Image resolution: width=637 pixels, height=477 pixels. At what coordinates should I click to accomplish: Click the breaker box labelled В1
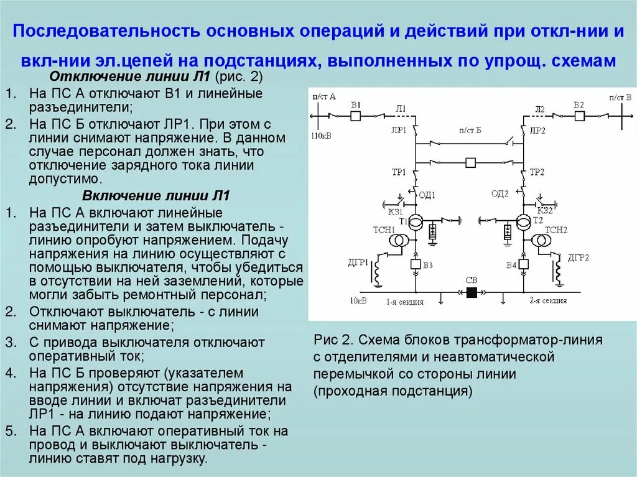coord(356,116)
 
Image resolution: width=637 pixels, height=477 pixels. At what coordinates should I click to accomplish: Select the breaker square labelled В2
coord(579,116)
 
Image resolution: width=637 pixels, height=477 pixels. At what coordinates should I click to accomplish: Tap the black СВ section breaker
coord(472,292)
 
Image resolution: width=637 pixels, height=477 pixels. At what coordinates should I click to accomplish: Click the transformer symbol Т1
coord(416,222)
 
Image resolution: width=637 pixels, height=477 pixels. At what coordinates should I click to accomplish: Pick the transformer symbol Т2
coord(524,222)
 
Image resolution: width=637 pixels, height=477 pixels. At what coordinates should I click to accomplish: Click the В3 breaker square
coord(416,264)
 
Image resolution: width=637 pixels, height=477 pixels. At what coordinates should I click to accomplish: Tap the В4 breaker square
coord(524,264)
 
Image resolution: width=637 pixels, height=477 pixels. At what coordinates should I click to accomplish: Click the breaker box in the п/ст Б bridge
coord(471,163)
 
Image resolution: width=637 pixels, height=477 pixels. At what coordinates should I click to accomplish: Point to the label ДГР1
coord(358,262)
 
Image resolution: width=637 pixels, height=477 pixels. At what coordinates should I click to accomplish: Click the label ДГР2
coord(578,257)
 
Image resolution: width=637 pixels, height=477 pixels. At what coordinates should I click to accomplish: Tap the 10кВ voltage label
coord(358,301)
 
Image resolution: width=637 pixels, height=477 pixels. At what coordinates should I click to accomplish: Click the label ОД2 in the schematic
coord(500,193)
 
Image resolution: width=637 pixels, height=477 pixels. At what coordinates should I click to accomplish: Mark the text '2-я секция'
coord(548,301)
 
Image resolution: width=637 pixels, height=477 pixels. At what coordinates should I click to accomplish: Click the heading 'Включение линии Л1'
coord(156,196)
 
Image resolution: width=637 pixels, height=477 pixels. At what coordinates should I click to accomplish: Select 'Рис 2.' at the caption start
coord(333,340)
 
